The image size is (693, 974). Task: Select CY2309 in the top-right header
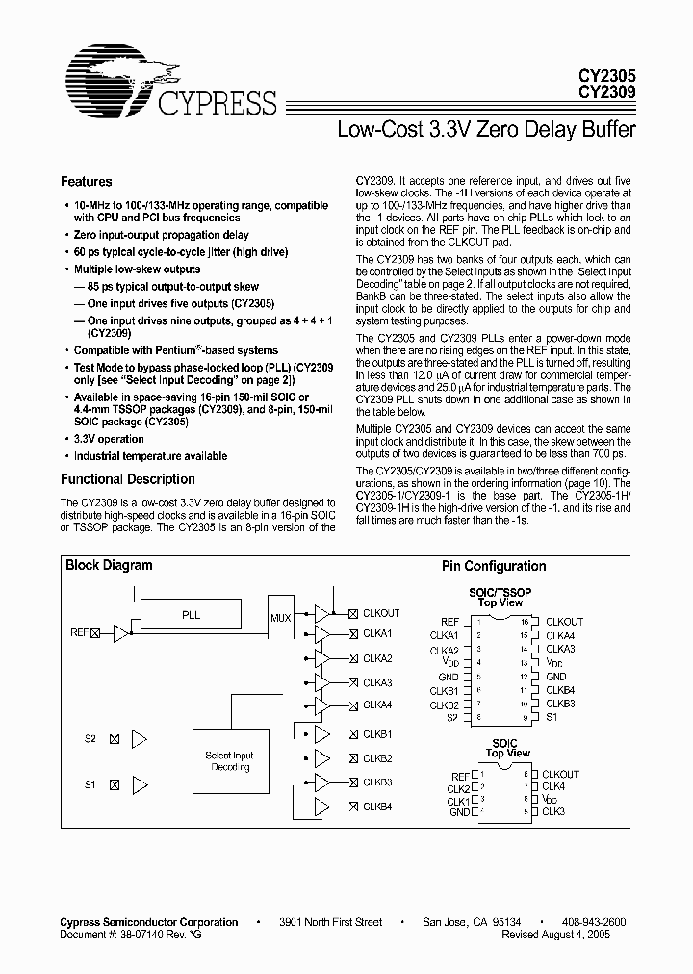point(605,92)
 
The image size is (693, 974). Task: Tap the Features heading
point(86,181)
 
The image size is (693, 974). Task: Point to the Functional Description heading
point(127,478)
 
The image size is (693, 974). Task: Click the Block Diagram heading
point(109,565)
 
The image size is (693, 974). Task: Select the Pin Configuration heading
point(493,566)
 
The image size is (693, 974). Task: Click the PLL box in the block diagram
point(191,613)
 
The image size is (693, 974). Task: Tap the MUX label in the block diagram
point(280,618)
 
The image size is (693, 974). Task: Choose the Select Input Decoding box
point(228,762)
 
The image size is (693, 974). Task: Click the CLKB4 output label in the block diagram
point(377,806)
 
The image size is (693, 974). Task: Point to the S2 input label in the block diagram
point(90,739)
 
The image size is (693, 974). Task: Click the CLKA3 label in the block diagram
point(377,682)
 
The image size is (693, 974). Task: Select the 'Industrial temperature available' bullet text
point(150,455)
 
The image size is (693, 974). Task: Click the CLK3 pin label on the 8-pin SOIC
point(554,812)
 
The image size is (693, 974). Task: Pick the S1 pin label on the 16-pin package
point(552,716)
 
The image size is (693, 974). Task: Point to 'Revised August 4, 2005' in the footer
point(570,934)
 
